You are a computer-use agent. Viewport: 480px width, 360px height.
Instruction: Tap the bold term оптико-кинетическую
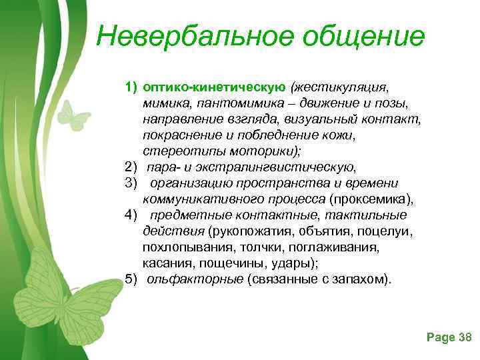pos(214,87)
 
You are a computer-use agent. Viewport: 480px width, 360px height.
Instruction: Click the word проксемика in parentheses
pos(379,199)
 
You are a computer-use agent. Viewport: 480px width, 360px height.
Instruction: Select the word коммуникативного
pos(199,199)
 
